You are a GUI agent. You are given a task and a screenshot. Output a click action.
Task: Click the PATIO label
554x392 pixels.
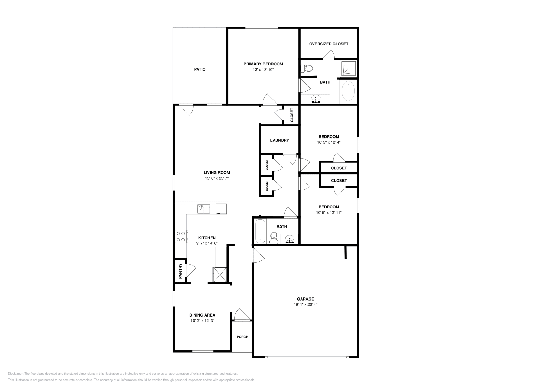(199, 69)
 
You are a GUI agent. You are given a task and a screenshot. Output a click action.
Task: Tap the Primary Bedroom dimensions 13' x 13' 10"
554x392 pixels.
(263, 70)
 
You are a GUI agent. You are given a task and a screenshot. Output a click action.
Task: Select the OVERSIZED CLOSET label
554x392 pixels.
(329, 44)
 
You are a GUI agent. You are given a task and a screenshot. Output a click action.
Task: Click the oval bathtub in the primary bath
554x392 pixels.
(348, 91)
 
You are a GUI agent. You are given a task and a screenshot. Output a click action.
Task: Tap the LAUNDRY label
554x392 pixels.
(279, 140)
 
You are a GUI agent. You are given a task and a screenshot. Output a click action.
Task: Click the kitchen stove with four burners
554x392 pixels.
(181, 236)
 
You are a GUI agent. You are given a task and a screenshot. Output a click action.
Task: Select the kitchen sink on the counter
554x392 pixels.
(204, 209)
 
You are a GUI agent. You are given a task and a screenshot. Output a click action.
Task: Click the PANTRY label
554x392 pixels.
(180, 271)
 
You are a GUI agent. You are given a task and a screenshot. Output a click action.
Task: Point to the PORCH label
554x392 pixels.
(242, 337)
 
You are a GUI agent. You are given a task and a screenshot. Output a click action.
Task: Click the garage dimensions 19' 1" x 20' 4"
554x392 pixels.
(305, 305)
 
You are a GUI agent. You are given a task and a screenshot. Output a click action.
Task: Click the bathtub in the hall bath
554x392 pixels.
(260, 231)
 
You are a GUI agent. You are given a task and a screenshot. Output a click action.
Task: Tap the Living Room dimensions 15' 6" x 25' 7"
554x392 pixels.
(217, 178)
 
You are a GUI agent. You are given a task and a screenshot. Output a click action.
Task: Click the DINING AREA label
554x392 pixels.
(202, 315)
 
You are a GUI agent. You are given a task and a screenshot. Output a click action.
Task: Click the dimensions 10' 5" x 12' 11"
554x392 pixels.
(329, 213)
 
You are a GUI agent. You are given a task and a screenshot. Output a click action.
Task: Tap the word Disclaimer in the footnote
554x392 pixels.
(15, 374)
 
